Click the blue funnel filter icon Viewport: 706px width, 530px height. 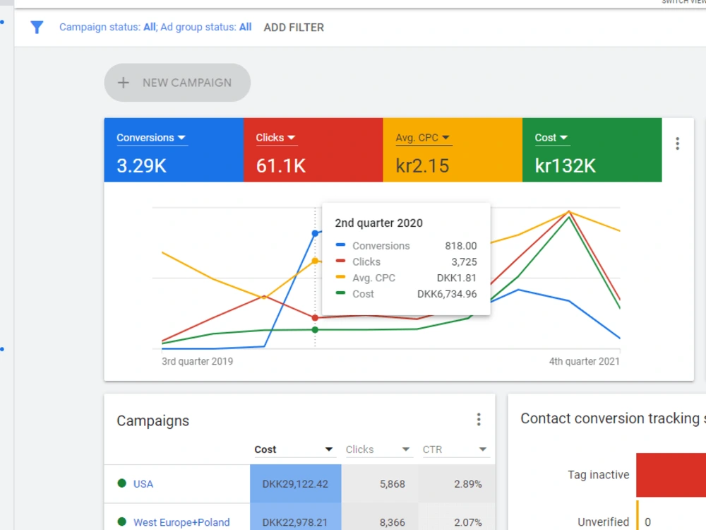pyautogui.click(x=37, y=28)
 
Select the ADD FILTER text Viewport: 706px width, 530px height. pyautogui.click(x=294, y=28)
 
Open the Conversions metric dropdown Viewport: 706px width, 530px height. pyautogui.click(x=151, y=138)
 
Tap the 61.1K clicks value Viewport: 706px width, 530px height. pyautogui.click(x=280, y=166)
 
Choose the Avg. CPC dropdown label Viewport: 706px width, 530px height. pyautogui.click(x=422, y=138)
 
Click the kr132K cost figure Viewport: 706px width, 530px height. pyautogui.click(x=565, y=166)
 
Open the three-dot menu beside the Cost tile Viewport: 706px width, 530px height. pyautogui.click(x=677, y=143)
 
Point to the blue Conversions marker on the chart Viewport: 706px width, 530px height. pyautogui.click(x=315, y=233)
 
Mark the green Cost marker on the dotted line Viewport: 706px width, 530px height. pyautogui.click(x=315, y=330)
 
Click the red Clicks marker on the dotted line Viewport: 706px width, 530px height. pyautogui.click(x=315, y=318)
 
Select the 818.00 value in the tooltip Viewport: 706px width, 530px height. pyautogui.click(x=460, y=246)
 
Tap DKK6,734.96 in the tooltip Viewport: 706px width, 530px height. pyautogui.click(x=447, y=294)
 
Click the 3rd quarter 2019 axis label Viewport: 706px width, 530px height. pyautogui.click(x=197, y=361)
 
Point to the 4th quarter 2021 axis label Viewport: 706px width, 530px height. pyautogui.click(x=584, y=361)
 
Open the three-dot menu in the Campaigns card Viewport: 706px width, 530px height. pyautogui.click(x=479, y=420)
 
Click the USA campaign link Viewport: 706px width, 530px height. pyautogui.click(x=143, y=484)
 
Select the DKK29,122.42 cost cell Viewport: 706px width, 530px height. pyautogui.click(x=295, y=484)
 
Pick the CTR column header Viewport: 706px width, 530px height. pyautogui.click(x=432, y=449)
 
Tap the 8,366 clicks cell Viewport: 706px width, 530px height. pyautogui.click(x=392, y=522)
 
